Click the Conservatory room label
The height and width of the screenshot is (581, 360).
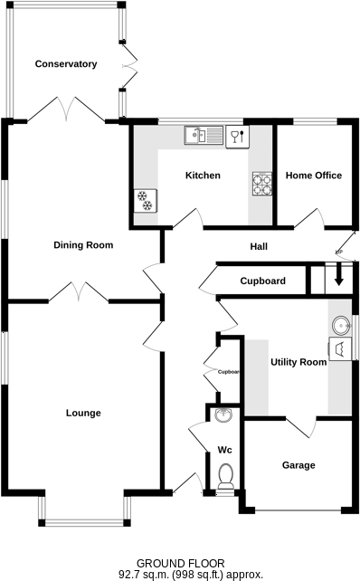click(x=65, y=64)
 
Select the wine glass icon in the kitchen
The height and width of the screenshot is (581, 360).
click(x=235, y=137)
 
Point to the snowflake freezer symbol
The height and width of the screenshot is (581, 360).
click(x=145, y=200)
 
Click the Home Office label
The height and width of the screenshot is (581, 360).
click(x=313, y=176)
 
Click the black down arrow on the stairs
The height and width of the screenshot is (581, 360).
click(x=339, y=276)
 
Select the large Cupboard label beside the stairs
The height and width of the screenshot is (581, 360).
click(x=262, y=281)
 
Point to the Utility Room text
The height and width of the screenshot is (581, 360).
click(x=298, y=363)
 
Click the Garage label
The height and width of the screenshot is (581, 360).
click(x=298, y=465)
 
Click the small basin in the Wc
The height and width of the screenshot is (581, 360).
click(x=224, y=415)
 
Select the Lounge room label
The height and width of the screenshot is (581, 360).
click(x=83, y=413)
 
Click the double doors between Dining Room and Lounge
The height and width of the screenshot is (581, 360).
click(x=79, y=291)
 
